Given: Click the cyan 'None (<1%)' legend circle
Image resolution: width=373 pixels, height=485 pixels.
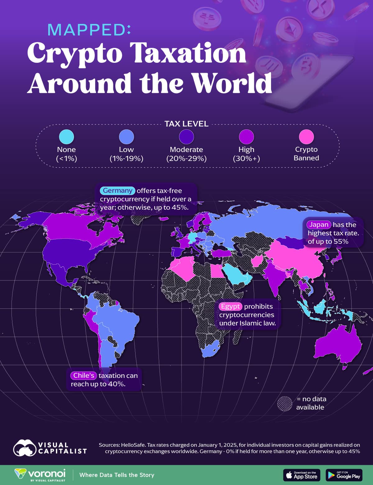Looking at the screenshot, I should [67, 136].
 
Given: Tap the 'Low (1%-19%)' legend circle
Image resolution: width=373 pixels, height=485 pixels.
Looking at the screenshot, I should [127, 136].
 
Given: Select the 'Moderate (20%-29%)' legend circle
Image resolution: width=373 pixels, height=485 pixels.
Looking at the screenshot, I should [186, 136].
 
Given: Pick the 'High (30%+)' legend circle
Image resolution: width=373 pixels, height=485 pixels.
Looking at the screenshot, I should [246, 136].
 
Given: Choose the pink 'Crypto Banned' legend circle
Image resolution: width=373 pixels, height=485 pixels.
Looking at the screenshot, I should [306, 136].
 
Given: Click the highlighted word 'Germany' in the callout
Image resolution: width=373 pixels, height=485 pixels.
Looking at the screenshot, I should [117, 191].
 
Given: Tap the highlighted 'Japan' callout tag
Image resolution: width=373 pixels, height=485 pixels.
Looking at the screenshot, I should [319, 224].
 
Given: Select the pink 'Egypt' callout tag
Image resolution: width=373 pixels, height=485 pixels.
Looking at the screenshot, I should [230, 306].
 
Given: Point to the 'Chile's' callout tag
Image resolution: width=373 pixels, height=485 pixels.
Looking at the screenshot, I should [84, 375].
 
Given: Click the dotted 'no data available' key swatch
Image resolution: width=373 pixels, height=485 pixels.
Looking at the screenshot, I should [285, 404].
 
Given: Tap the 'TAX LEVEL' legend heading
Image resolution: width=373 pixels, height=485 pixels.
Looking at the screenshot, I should [186, 124].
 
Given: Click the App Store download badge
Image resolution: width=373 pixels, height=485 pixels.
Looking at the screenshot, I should [302, 475].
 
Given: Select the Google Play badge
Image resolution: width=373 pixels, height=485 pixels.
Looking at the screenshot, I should [344, 475].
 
